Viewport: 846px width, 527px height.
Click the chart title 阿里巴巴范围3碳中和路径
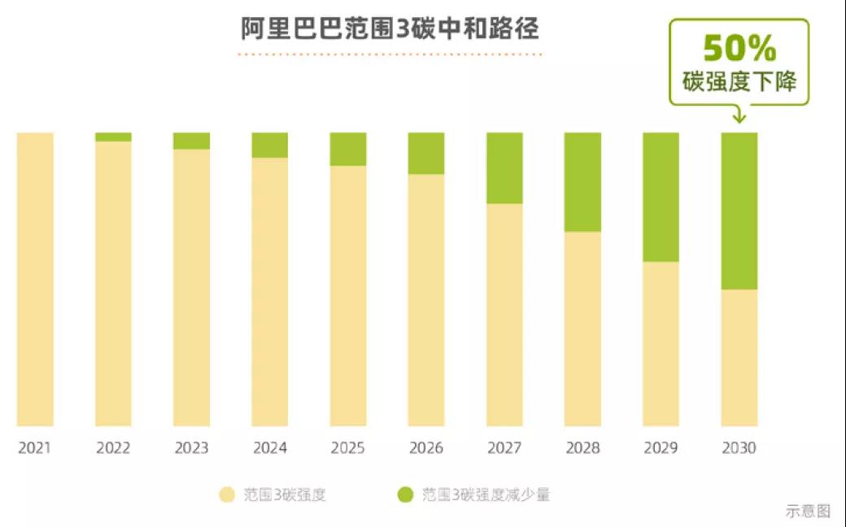[x=390, y=29]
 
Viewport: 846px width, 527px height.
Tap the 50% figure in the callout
[x=739, y=49]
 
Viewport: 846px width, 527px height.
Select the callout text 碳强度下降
[x=739, y=82]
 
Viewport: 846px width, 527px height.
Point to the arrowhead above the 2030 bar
[x=739, y=119]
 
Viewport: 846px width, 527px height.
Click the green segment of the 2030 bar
[x=739, y=211]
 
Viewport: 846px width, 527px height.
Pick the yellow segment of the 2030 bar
[x=739, y=358]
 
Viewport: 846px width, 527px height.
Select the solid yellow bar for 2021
[x=35, y=279]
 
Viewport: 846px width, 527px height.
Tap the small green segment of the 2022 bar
[x=113, y=137]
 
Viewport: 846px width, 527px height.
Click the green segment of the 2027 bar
[x=505, y=168]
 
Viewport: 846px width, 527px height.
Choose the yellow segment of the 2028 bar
[x=583, y=329]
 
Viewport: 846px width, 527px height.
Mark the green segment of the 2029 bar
[x=661, y=197]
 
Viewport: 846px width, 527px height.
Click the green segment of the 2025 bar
[x=348, y=149]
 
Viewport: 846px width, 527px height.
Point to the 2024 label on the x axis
[x=270, y=448]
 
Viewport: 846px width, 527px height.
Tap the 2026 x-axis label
[x=426, y=448]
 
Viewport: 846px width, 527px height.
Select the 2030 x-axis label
[x=739, y=448]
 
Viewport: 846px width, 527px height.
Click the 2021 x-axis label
[x=35, y=448]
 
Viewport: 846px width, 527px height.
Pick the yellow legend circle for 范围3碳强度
[x=227, y=494]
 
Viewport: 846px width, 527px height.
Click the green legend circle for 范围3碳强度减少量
[x=404, y=494]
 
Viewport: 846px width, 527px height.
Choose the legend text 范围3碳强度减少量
[x=486, y=494]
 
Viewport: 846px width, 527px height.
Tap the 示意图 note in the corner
[x=808, y=512]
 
